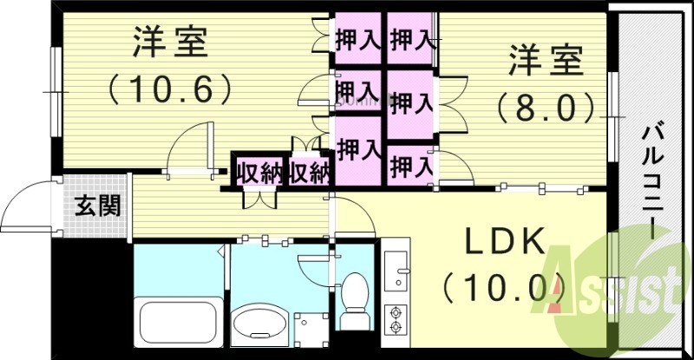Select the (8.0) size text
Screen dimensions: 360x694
point(547,108)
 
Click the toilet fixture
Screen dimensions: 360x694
point(354,300)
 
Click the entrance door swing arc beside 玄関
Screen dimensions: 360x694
point(28,208)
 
